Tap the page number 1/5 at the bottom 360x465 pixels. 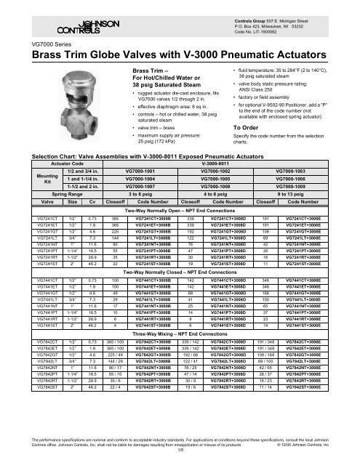(x=180, y=452)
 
